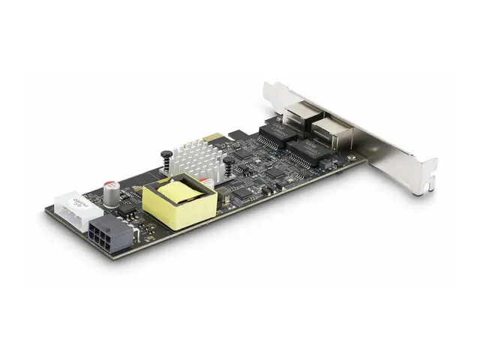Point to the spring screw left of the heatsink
click(164, 158)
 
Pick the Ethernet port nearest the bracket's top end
click(297, 120)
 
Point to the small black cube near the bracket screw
click(341, 161)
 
